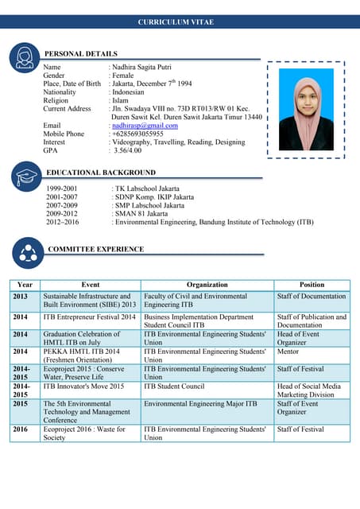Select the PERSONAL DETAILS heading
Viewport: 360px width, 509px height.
point(80,53)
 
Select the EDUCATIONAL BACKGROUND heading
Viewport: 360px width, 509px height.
point(101,173)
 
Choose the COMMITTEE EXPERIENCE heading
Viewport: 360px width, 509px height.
point(95,250)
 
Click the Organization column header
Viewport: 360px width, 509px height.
point(207,285)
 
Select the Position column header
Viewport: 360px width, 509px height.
point(312,285)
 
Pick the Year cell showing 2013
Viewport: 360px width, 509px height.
point(21,297)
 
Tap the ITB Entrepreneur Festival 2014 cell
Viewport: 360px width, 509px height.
point(89,317)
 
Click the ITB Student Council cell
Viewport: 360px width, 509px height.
point(174,387)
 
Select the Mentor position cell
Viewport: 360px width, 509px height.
point(288,351)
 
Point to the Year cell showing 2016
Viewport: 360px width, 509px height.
point(21,429)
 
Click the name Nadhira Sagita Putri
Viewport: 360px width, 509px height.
point(141,68)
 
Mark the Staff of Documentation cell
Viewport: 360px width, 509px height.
point(312,297)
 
